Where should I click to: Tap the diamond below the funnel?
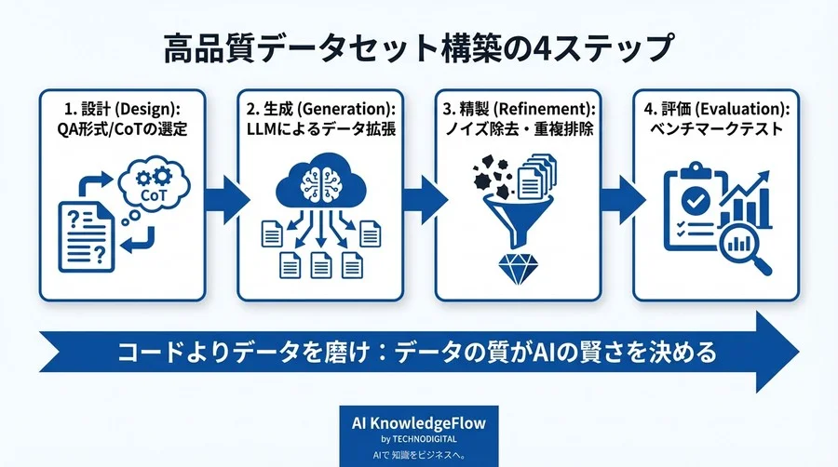pyautogui.click(x=515, y=267)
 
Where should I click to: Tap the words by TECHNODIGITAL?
pyautogui.click(x=419, y=438)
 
